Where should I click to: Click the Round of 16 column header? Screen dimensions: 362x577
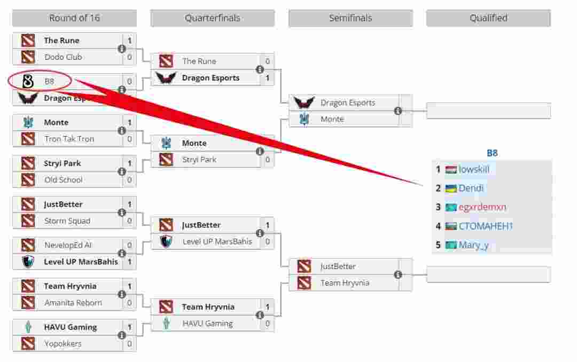click(74, 18)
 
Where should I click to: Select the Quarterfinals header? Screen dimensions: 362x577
click(212, 18)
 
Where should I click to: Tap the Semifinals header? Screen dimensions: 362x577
click(350, 18)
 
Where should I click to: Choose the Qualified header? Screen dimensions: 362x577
click(488, 18)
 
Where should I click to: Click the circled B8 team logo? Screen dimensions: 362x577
click(28, 82)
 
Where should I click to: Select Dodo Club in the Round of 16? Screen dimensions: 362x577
click(63, 57)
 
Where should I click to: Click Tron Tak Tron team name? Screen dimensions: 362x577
click(69, 139)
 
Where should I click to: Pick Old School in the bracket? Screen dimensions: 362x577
click(63, 180)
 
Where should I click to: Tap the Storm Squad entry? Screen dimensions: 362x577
click(67, 221)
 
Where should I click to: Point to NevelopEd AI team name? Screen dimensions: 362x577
click(68, 246)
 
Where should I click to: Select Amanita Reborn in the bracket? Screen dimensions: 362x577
click(73, 303)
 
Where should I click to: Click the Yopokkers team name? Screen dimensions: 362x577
click(63, 344)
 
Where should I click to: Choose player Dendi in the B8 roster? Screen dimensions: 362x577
click(471, 188)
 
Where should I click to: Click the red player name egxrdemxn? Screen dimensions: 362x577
click(482, 207)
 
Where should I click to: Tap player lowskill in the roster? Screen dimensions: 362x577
click(474, 169)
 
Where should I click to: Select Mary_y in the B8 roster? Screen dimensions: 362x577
click(473, 246)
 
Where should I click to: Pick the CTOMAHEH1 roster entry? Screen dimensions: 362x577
click(486, 226)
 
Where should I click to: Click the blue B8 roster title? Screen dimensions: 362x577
click(492, 153)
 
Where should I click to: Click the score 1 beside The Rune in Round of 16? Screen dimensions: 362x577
click(129, 41)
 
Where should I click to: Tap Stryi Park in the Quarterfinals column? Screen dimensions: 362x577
click(199, 160)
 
